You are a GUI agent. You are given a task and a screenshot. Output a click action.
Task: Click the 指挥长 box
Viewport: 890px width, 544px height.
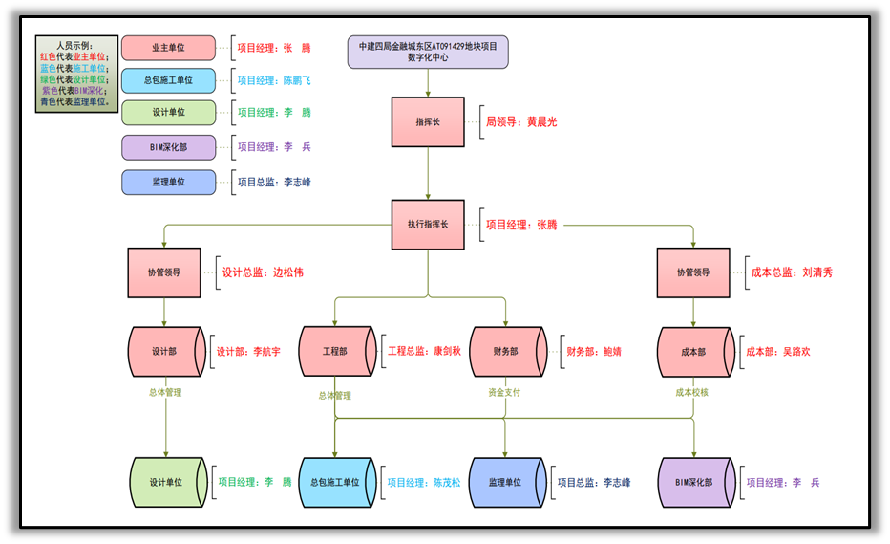pyautogui.click(x=428, y=122)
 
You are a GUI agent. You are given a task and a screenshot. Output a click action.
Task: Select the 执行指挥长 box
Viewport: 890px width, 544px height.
pyautogui.click(x=428, y=225)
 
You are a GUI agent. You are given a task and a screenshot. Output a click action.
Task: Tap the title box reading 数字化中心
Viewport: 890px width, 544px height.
pyautogui.click(x=428, y=52)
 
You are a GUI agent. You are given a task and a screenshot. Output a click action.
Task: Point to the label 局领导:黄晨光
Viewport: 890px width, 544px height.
pyautogui.click(x=521, y=122)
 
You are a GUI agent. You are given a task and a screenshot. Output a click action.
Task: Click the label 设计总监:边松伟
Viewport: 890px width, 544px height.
pyautogui.click(x=263, y=272)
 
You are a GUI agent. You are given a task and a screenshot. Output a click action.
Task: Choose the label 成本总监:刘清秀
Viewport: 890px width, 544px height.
pyautogui.click(x=792, y=272)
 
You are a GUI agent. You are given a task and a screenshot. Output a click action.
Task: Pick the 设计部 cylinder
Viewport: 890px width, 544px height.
pyautogui.click(x=164, y=352)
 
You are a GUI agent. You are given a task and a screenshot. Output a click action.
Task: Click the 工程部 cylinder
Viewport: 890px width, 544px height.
pyautogui.click(x=335, y=352)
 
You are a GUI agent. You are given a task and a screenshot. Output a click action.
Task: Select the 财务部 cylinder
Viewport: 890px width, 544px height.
pyautogui.click(x=506, y=352)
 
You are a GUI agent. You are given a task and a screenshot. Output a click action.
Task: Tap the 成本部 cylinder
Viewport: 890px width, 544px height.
pyautogui.click(x=694, y=352)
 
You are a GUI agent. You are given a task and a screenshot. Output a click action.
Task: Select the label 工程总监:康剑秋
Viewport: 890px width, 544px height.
pyautogui.click(x=424, y=351)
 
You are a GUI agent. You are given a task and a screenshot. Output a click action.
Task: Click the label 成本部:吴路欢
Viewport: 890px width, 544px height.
pyautogui.click(x=778, y=352)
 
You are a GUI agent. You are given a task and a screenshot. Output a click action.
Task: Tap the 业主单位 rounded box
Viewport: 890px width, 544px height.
pyautogui.click(x=169, y=48)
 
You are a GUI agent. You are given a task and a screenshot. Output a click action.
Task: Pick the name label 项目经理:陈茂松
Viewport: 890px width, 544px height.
pyautogui.click(x=423, y=483)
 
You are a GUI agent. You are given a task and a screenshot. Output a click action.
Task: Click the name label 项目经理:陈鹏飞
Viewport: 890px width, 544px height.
pyautogui.click(x=274, y=81)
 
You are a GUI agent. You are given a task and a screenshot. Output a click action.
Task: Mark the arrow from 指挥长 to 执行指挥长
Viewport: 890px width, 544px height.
pyautogui.click(x=428, y=173)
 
